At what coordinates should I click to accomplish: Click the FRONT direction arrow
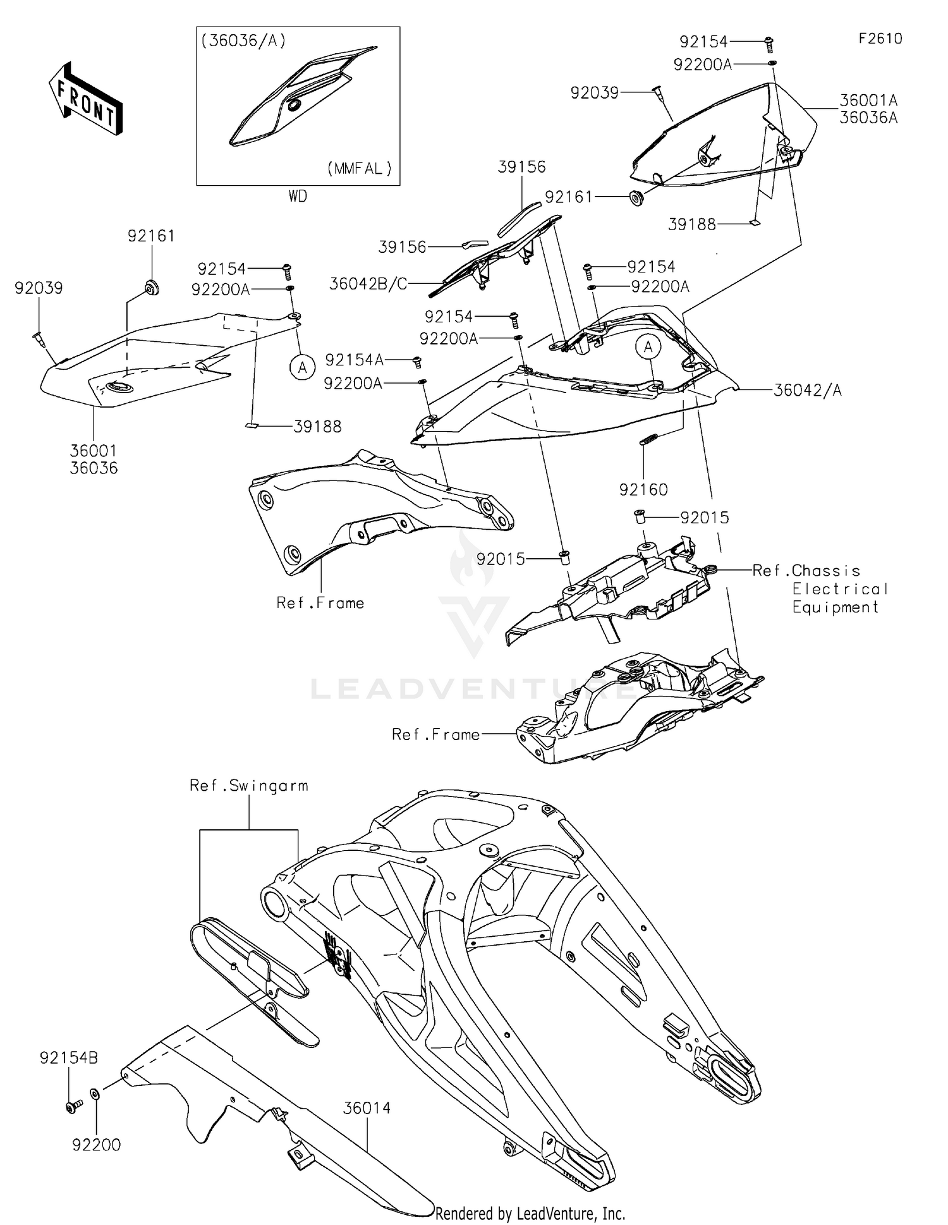[85, 99]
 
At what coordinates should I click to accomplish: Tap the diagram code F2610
[880, 39]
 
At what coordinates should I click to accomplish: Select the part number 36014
[367, 1107]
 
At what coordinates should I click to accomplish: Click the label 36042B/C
[368, 284]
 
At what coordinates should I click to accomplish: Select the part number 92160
[643, 489]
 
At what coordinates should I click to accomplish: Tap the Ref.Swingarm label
[249, 786]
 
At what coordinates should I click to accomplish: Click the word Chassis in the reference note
[825, 571]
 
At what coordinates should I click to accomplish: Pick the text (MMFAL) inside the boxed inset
[360, 169]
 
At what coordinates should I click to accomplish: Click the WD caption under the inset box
[298, 197]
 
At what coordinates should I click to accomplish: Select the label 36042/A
[807, 391]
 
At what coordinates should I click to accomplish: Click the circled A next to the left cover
[302, 367]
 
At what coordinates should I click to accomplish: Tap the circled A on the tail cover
[648, 346]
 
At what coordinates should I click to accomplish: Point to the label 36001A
[868, 101]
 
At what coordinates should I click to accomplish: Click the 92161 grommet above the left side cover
[151, 288]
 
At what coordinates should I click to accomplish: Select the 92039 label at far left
[39, 288]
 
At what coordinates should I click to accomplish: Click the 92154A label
[354, 360]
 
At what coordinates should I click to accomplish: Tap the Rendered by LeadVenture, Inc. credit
[530, 1213]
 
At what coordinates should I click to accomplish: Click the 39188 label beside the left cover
[317, 427]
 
